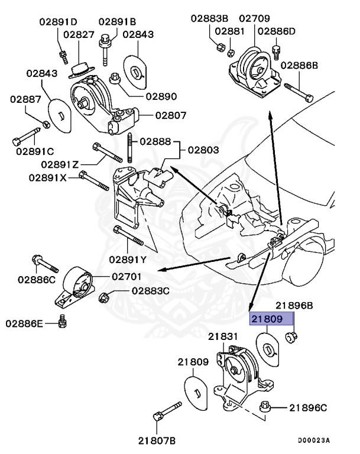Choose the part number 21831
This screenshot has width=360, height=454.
pos(222,336)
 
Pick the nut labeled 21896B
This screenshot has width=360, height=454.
pos(290,338)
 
